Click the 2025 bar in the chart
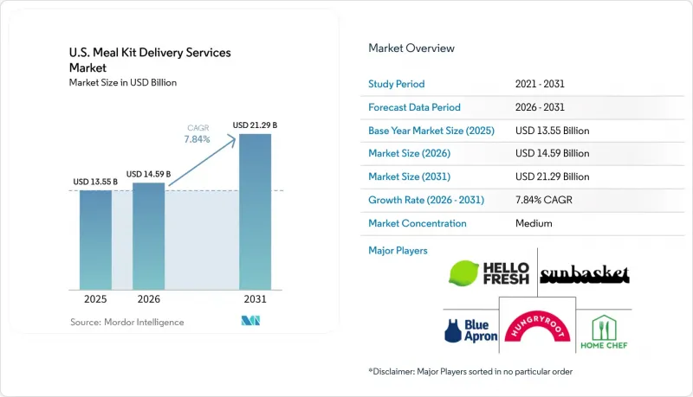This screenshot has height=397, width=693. [95, 240]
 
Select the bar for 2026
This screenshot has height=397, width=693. [148, 236]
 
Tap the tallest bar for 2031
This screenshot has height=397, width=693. [255, 212]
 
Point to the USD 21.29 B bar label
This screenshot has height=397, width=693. [255, 125]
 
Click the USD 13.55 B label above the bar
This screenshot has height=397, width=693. [95, 182]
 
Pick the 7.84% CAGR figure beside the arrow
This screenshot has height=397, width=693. [198, 139]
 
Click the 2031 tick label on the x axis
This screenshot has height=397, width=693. [255, 299]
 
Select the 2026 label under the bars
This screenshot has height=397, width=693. [148, 299]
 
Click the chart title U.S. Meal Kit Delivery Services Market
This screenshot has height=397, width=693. [150, 60]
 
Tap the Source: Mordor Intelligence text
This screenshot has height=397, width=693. [126, 322]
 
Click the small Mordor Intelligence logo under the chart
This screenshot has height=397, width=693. [250, 321]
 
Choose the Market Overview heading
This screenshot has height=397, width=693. [411, 48]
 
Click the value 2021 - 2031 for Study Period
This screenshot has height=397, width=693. [540, 84]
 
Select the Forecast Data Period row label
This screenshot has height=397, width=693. [414, 107]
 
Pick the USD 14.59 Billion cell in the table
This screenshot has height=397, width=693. [552, 153]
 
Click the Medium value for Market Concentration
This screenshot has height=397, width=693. [534, 223]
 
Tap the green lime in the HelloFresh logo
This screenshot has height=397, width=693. [463, 273]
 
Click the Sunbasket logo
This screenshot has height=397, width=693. [585, 274]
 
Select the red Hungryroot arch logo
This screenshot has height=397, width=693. [537, 326]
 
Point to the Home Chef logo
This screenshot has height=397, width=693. [604, 332]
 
